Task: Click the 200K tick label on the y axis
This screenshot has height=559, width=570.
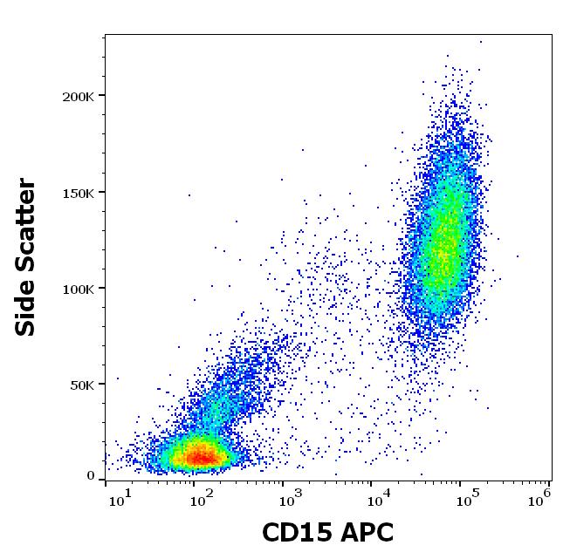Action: (79, 95)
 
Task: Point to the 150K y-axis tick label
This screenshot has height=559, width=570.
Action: (79, 192)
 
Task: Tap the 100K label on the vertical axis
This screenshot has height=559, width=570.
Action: (79, 288)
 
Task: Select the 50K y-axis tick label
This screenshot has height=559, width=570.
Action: (82, 384)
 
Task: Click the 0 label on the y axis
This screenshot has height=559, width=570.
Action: (90, 476)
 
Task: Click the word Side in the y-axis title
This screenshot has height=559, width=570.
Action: (27, 308)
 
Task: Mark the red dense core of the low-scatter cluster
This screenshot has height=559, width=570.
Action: (201, 456)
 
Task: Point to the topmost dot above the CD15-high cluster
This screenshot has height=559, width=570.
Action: (480, 41)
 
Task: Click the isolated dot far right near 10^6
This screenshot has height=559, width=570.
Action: (518, 256)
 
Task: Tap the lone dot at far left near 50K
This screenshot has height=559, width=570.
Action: (118, 378)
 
